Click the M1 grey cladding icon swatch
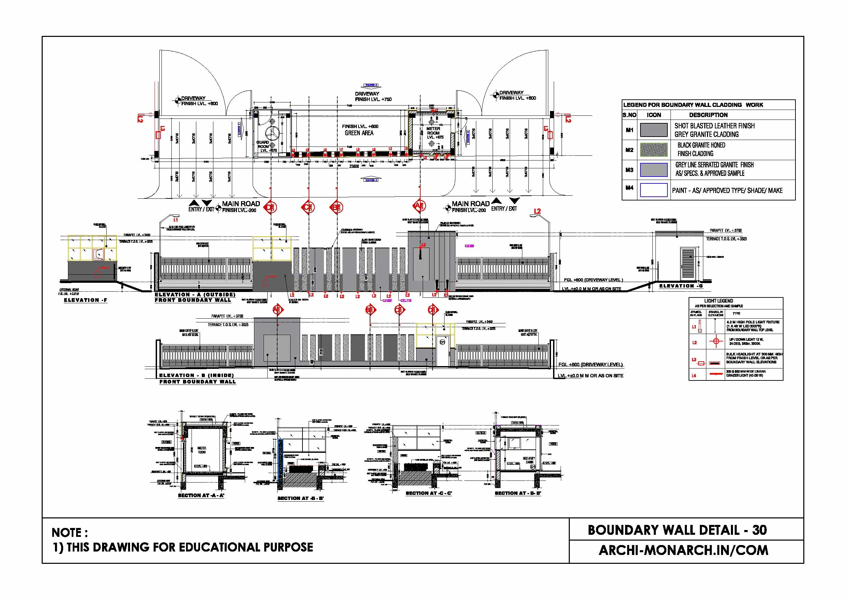(x=653, y=130)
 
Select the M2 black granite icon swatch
(x=653, y=150)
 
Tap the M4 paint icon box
(x=653, y=190)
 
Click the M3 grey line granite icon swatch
(x=653, y=170)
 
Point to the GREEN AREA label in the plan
(x=359, y=133)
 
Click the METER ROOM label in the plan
(x=433, y=131)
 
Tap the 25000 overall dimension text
(x=354, y=166)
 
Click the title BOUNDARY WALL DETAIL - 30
(x=677, y=530)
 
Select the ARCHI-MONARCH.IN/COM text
(x=683, y=550)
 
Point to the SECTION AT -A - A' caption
(x=201, y=495)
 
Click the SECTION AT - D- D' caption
(x=518, y=493)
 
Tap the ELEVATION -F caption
(x=85, y=300)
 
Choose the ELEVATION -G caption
(x=681, y=286)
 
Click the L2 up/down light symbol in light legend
(x=716, y=342)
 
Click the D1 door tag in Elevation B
(x=442, y=343)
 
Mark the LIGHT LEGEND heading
(x=718, y=301)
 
